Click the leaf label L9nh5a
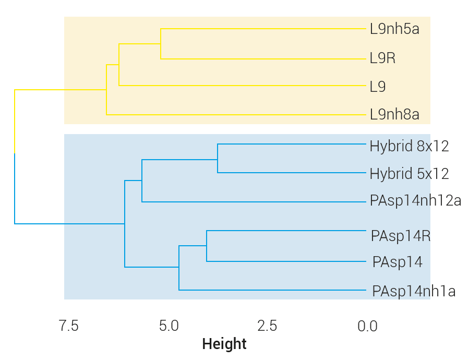pyautogui.click(x=394, y=29)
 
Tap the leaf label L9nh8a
pyautogui.click(x=394, y=114)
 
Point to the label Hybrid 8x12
pyautogui.click(x=409, y=146)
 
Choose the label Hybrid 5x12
pyautogui.click(x=409, y=173)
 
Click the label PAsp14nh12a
pyautogui.click(x=415, y=201)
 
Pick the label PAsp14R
pyautogui.click(x=401, y=236)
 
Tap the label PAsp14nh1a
pyautogui.click(x=414, y=291)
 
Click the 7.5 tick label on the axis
pyautogui.click(x=68, y=327)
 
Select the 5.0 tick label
pyautogui.click(x=169, y=327)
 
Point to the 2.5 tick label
pyautogui.click(x=267, y=327)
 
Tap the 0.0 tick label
pyautogui.click(x=367, y=327)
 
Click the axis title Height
pyautogui.click(x=224, y=344)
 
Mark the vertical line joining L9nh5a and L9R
pyautogui.click(x=161, y=43)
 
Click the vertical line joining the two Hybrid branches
pyautogui.click(x=218, y=158)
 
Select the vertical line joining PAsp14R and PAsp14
pyautogui.click(x=207, y=246)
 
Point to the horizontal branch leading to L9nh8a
pyautogui.click(x=235, y=114)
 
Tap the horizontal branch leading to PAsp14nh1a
pyautogui.click(x=271, y=290)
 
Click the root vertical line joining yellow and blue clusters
pyautogui.click(x=15, y=157)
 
